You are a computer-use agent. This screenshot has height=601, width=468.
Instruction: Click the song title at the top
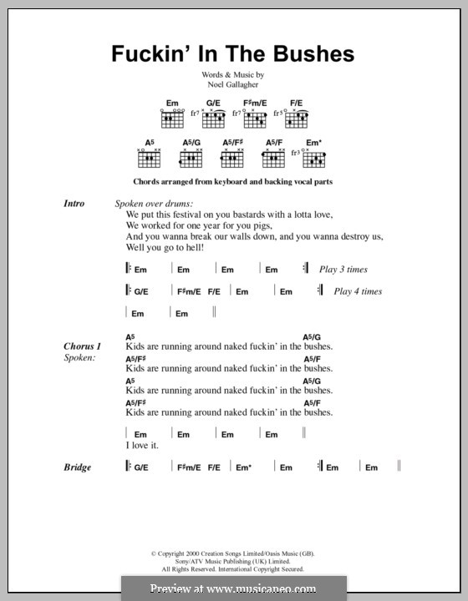pos(233,54)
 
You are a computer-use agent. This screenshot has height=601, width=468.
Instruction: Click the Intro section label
pos(74,204)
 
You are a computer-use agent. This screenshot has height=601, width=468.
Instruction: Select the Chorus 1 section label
pos(82,346)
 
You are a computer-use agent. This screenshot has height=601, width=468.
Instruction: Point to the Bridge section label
pos(77,467)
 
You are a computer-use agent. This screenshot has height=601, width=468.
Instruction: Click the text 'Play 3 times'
pos(343,270)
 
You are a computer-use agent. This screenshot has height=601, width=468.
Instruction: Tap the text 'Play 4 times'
pos(358,291)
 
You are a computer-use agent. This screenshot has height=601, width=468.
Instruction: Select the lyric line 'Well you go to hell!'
pos(165,248)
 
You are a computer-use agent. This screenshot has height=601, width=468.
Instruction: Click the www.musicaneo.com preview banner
pos(233,588)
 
